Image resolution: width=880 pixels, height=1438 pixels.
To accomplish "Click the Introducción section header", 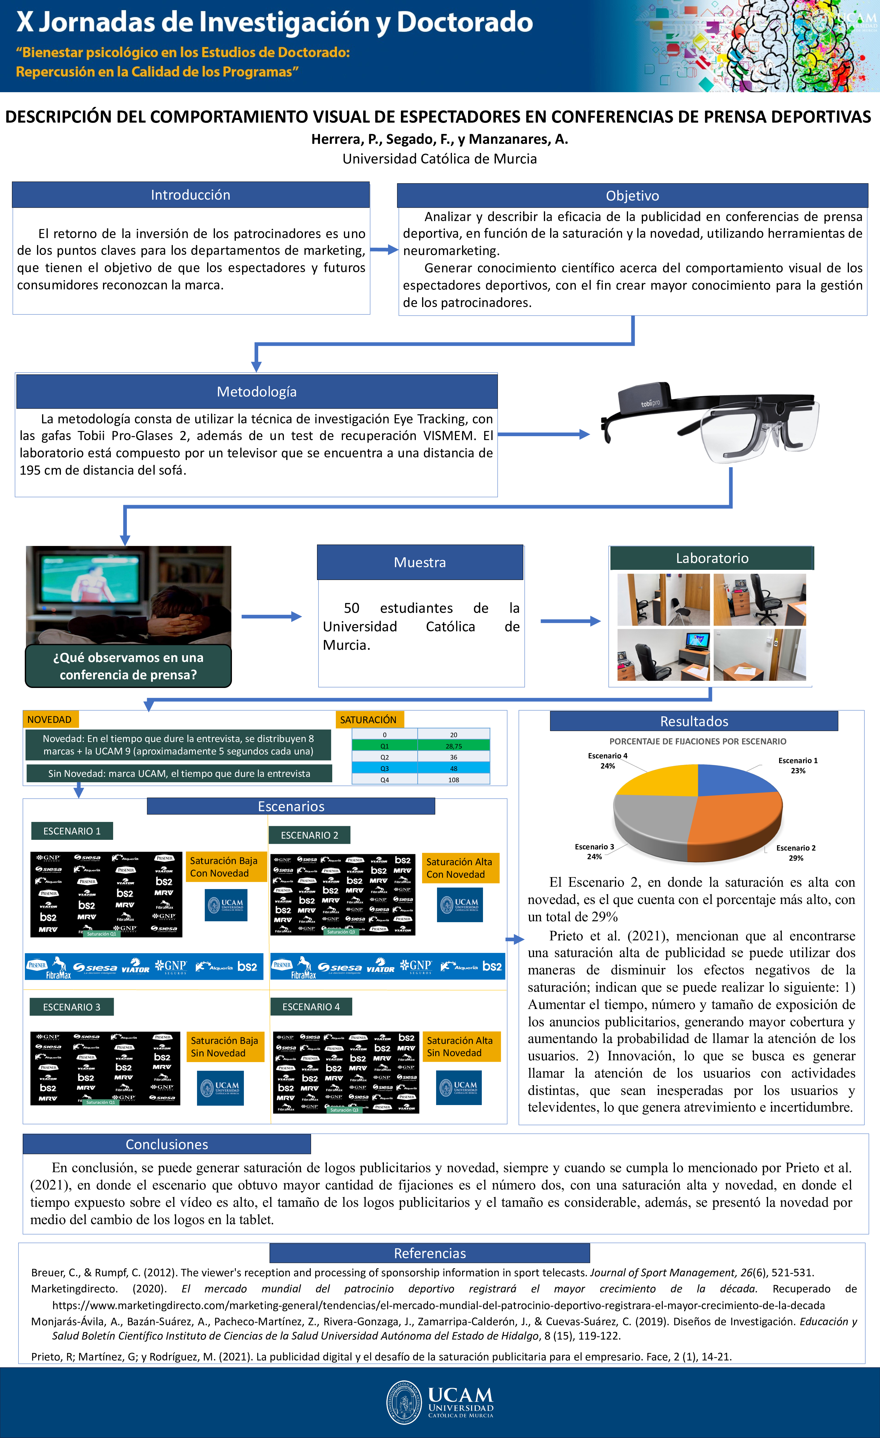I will [x=190, y=195].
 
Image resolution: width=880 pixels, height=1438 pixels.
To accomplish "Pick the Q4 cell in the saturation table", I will [x=384, y=780].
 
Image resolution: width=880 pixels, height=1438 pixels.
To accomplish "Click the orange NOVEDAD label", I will [x=50, y=720].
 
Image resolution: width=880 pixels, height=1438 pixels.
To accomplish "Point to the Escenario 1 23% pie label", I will [x=798, y=766].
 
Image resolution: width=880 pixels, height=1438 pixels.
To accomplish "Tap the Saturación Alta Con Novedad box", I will [x=459, y=868].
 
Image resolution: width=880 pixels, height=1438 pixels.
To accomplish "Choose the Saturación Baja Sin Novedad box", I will [x=224, y=1046].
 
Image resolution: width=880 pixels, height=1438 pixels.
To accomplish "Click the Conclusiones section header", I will [x=167, y=1144].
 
